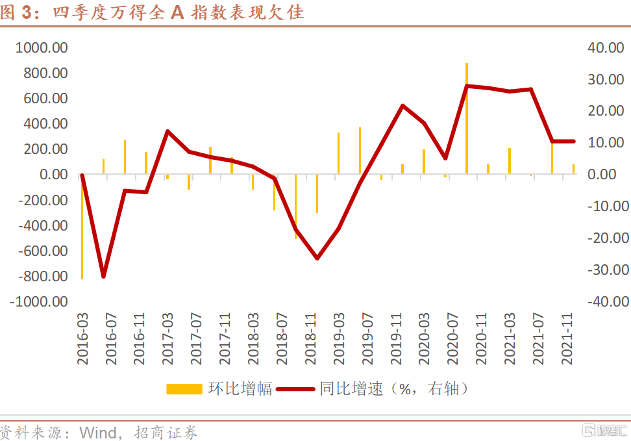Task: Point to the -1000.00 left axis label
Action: point(39,301)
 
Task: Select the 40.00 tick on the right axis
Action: point(608,48)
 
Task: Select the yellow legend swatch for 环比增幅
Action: point(184,389)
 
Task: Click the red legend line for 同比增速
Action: point(296,389)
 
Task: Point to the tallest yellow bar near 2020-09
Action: point(467,117)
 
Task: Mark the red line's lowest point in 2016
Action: point(103,277)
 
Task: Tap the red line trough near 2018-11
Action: point(317,258)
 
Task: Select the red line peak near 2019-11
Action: point(402,105)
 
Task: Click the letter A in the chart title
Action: point(177,12)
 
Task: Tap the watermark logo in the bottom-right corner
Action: point(604,431)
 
